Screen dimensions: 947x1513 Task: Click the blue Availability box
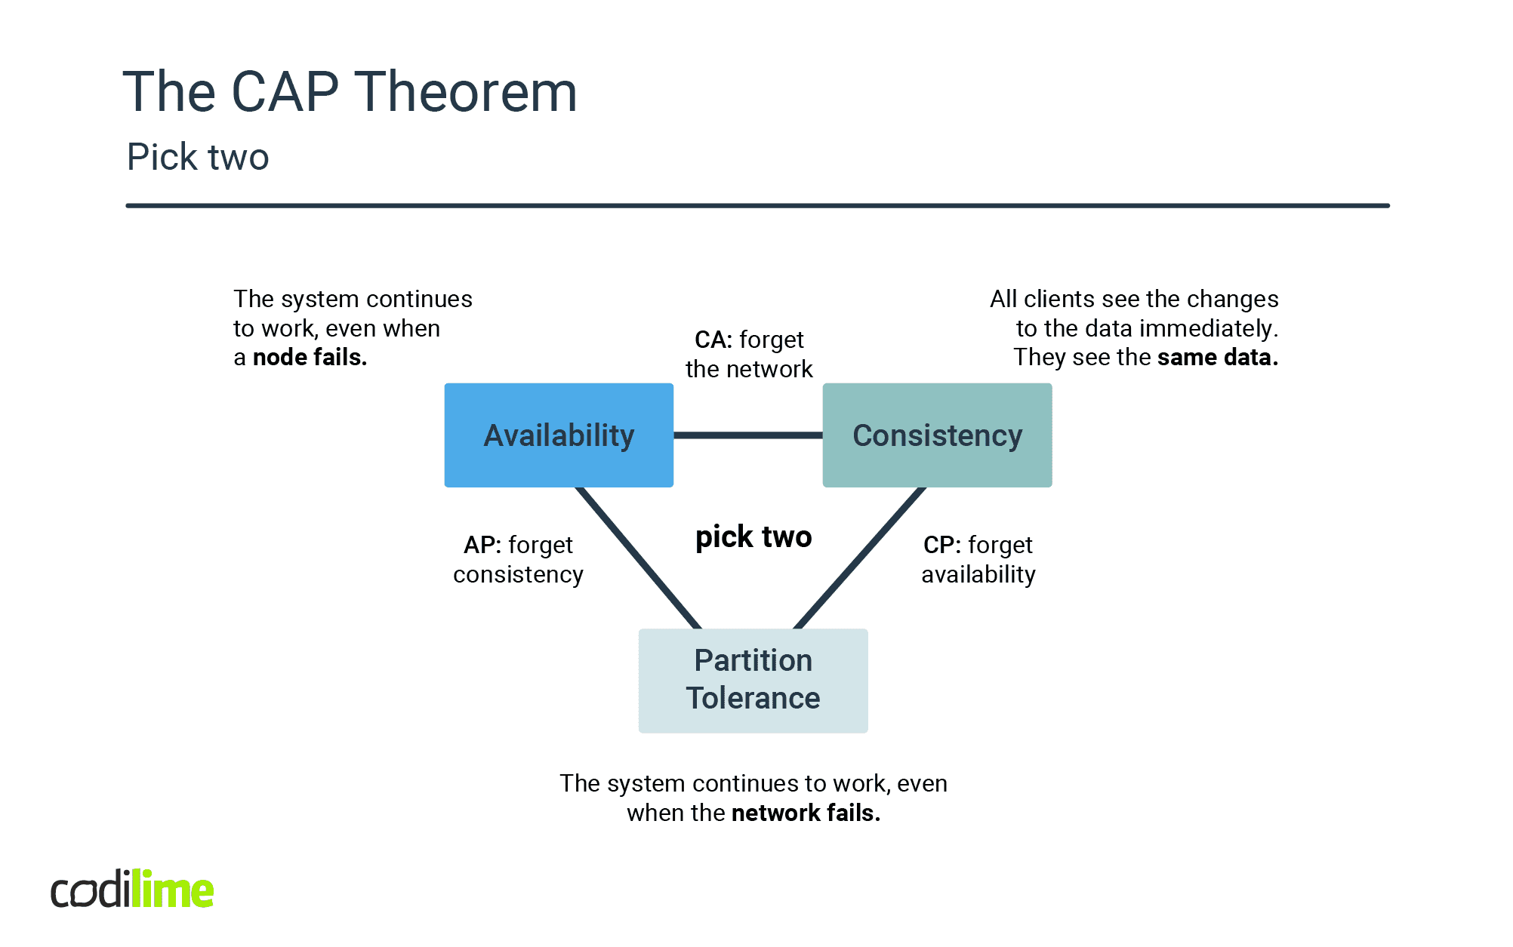click(559, 435)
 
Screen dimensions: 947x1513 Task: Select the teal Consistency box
click(937, 435)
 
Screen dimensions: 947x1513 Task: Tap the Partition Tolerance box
click(753, 680)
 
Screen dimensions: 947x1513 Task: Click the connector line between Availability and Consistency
click(747, 435)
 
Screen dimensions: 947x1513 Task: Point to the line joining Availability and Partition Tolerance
click(639, 558)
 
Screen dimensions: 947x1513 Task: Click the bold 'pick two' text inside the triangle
click(753, 537)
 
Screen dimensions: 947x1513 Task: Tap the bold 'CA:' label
click(713, 340)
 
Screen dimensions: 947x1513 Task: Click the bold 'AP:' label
click(482, 545)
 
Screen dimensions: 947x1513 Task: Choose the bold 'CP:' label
click(941, 545)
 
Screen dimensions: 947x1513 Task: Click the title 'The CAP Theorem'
click(350, 92)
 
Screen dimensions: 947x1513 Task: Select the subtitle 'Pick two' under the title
click(198, 157)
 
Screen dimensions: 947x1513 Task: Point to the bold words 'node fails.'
click(310, 358)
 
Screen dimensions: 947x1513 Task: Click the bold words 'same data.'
click(1217, 358)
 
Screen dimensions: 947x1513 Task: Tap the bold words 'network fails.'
click(806, 813)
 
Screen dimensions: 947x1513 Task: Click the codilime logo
click(132, 890)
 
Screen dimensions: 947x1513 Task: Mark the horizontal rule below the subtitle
click(756, 205)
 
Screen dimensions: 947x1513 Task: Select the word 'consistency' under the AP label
click(518, 575)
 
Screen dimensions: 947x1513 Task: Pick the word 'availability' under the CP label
click(978, 575)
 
